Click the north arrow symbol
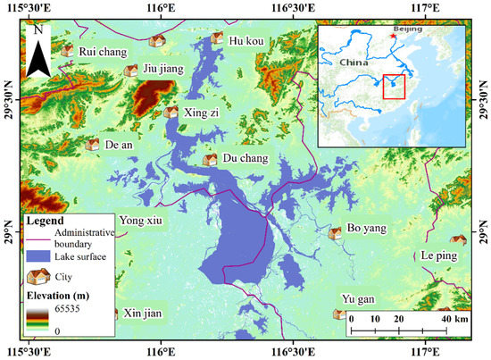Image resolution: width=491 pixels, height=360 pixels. (37, 51)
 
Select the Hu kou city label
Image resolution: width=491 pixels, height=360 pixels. (246, 40)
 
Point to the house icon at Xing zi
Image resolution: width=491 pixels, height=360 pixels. (171, 113)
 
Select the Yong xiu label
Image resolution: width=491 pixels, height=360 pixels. (142, 222)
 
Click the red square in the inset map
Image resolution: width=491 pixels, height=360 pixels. (394, 88)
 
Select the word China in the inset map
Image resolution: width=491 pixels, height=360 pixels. (354, 63)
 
